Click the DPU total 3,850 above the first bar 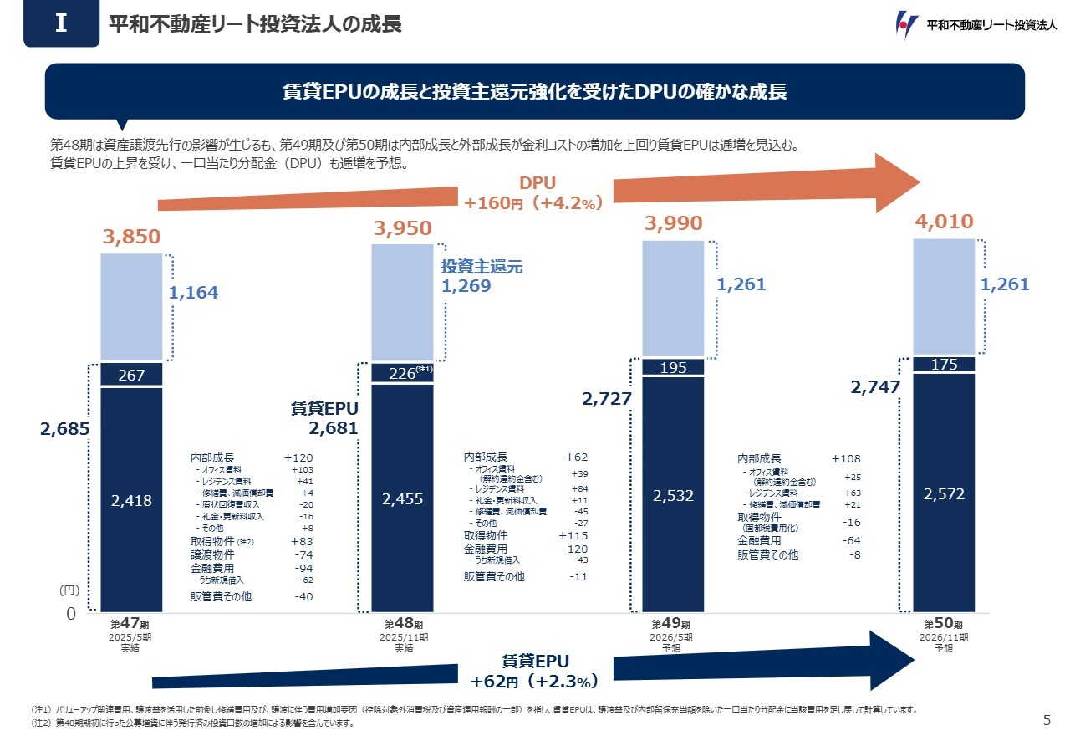click(131, 238)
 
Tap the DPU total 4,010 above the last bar click(944, 222)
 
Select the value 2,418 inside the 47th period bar click(131, 500)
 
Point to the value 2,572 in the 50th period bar click(944, 494)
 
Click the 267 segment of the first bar click(131, 376)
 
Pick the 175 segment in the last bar click(944, 365)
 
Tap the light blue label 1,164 click(193, 292)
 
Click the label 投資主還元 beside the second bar click(481, 267)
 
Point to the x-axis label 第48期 click(403, 624)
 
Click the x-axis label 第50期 click(943, 624)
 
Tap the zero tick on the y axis click(71, 614)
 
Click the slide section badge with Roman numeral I click(61, 24)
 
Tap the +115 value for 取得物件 click(573, 535)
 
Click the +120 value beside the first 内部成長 click(298, 458)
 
